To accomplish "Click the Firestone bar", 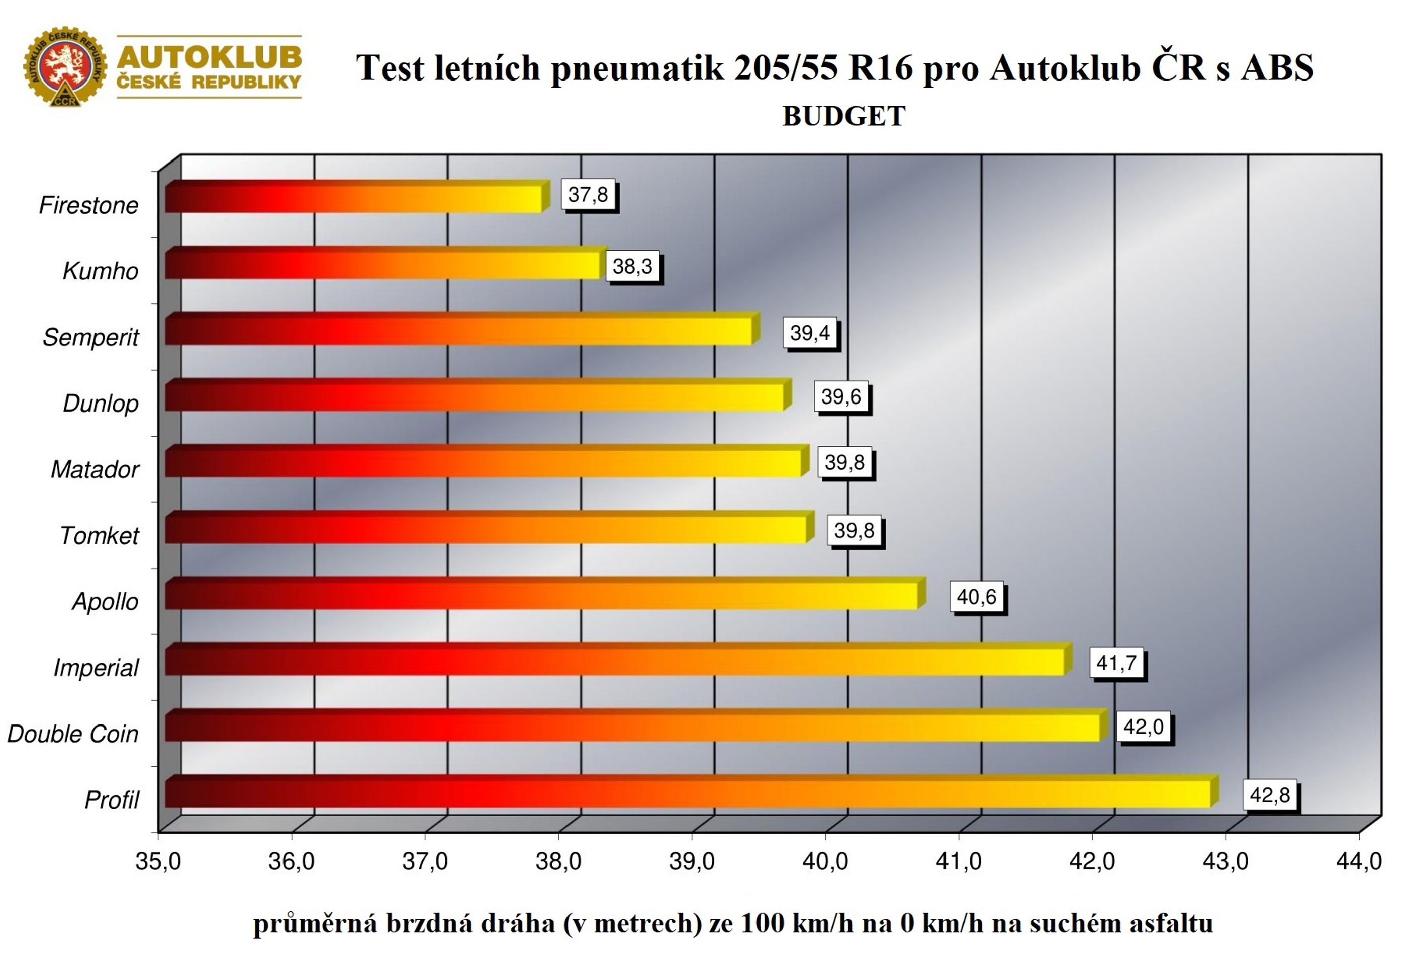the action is [x=357, y=197].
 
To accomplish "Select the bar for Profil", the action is [x=692, y=791].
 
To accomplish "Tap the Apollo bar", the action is [x=546, y=593].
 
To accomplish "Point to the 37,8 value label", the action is [x=589, y=195].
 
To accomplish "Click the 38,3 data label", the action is [x=633, y=266].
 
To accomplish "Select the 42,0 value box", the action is [x=1144, y=727].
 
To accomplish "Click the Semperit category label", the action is [x=91, y=338].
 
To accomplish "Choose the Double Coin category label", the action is [x=72, y=734].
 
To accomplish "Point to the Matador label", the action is [x=95, y=469].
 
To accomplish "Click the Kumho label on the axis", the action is [x=101, y=271].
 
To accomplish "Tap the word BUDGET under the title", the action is [x=844, y=116].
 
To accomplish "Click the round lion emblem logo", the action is [x=65, y=66].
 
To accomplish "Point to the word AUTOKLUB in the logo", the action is [x=209, y=57].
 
